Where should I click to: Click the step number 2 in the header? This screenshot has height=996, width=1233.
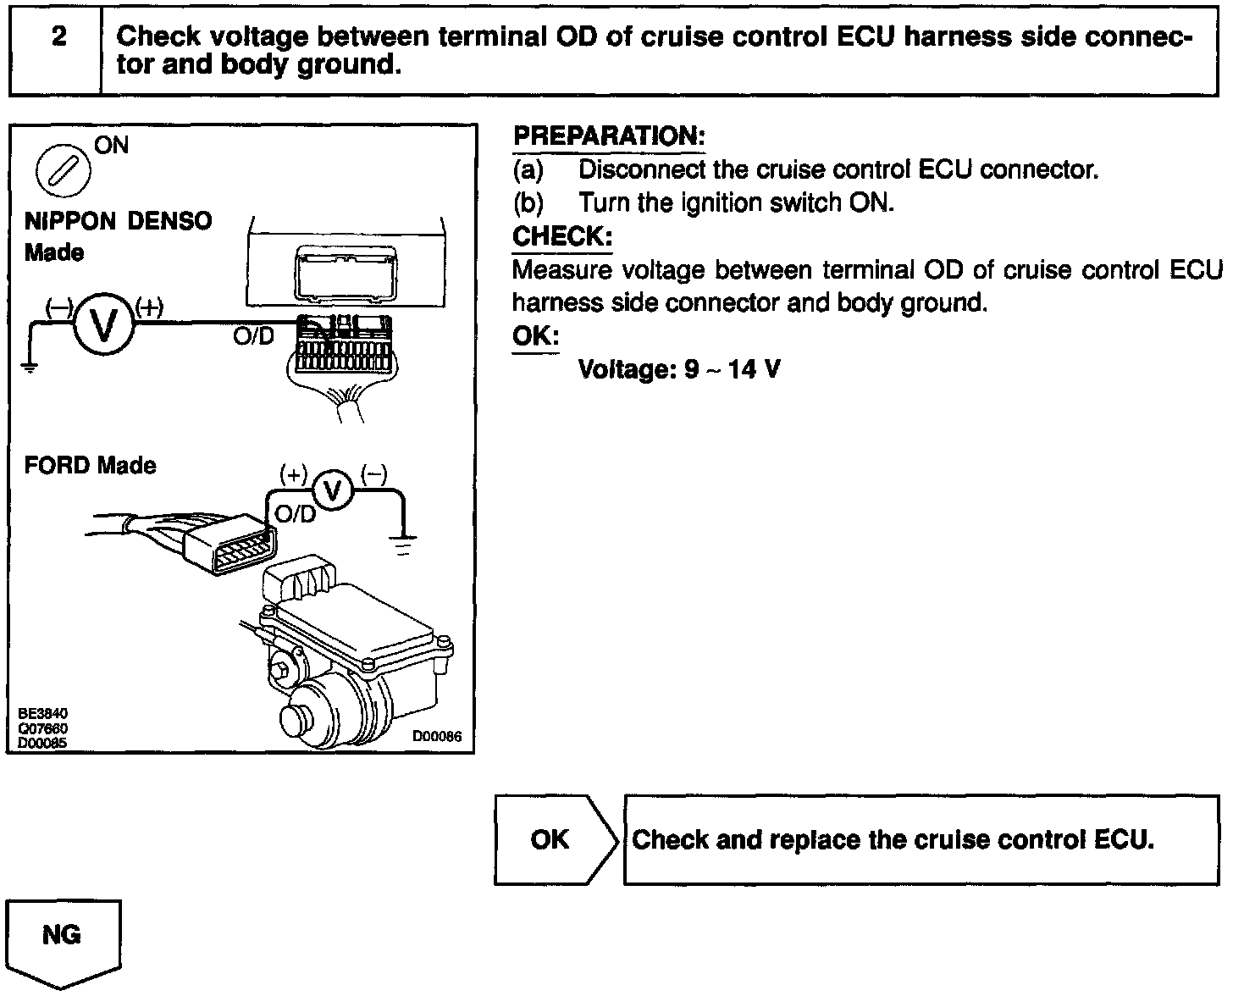coord(58,37)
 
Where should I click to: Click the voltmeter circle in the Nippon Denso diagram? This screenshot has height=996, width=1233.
coord(103,325)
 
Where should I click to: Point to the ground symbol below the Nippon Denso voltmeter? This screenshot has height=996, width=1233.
coord(29,367)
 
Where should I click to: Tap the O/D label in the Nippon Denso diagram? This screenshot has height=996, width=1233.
coord(253,336)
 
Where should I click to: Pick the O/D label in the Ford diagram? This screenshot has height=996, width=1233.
coord(295,514)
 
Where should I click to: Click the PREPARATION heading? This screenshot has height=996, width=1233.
coord(609,136)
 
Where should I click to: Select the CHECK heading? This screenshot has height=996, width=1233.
coord(562,236)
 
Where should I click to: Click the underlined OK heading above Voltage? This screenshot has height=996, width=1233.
coord(535,336)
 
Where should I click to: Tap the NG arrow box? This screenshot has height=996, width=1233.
coord(63,938)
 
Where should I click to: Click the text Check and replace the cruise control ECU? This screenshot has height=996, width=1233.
coord(893,839)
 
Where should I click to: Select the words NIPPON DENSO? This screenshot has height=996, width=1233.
coord(119,222)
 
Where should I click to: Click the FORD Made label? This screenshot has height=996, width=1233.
coord(90,466)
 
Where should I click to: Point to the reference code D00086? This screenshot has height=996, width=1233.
coord(437,737)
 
